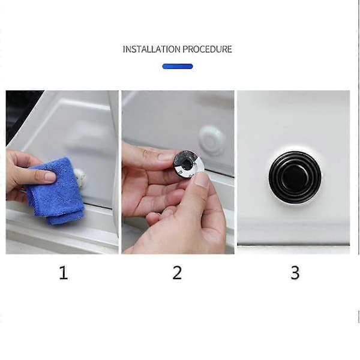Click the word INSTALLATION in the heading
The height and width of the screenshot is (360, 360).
click(152, 49)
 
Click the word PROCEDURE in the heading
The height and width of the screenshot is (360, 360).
click(208, 49)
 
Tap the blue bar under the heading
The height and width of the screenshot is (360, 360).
click(178, 67)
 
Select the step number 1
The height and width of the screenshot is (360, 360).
click(64, 273)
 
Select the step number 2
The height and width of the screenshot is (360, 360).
click(177, 273)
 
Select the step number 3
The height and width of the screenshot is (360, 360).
click(295, 273)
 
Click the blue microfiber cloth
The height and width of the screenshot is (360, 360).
click(56, 191)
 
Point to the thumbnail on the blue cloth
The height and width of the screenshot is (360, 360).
click(50, 176)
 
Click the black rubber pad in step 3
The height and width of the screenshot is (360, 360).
click(295, 177)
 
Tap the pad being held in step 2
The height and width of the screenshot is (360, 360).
click(188, 164)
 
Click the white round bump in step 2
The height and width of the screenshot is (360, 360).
click(212, 140)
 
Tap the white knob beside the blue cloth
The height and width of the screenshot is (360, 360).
click(80, 177)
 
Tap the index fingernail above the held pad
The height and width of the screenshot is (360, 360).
click(166, 157)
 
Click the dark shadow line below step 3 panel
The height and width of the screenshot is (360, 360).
click(293, 245)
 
